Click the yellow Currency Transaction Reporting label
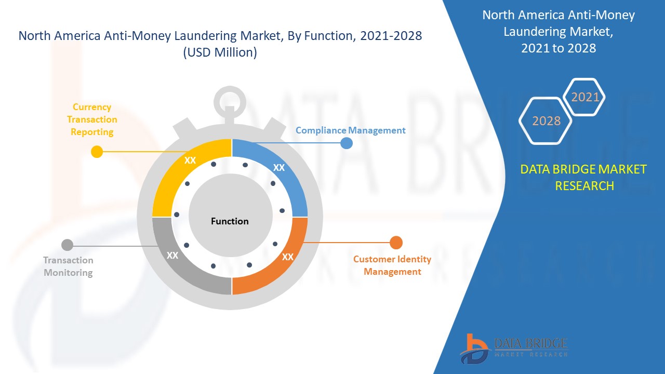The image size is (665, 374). click(x=92, y=119)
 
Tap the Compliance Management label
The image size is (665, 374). click(x=350, y=130)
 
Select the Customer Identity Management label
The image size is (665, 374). click(x=392, y=265)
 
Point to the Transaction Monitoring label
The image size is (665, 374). click(x=68, y=266)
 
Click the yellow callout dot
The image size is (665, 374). click(x=97, y=152)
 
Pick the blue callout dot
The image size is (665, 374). click(x=347, y=143)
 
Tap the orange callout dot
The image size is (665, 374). click(x=396, y=243)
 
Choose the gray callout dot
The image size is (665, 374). click(x=67, y=245)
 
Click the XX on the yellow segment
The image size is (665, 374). click(x=190, y=161)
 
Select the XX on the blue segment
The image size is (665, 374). click(x=279, y=168)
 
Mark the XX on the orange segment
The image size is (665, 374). click(x=288, y=257)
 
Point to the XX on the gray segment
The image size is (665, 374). click(x=172, y=255)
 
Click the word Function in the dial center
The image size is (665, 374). click(x=230, y=221)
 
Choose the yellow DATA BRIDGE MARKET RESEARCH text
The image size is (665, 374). click(x=583, y=178)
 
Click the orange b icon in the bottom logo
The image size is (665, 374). click(x=473, y=349)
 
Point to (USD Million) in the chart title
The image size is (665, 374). click(x=220, y=52)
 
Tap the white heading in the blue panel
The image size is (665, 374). click(x=558, y=32)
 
